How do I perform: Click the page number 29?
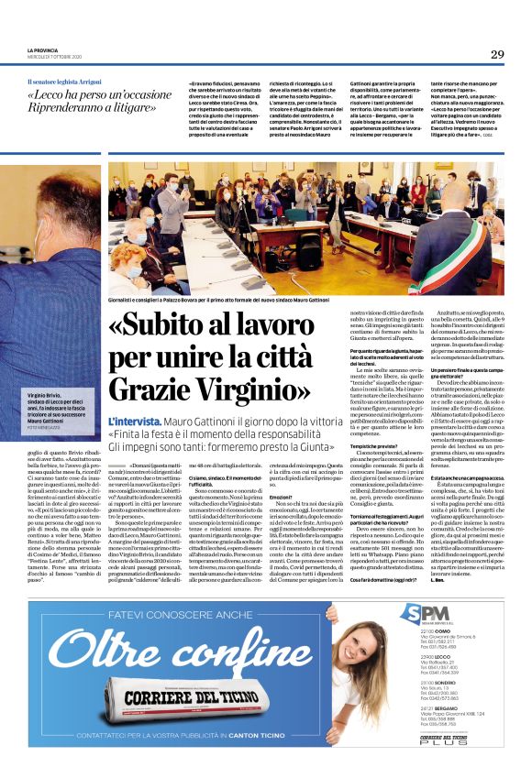pos(497,54)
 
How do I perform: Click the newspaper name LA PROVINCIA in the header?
pos(45,49)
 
